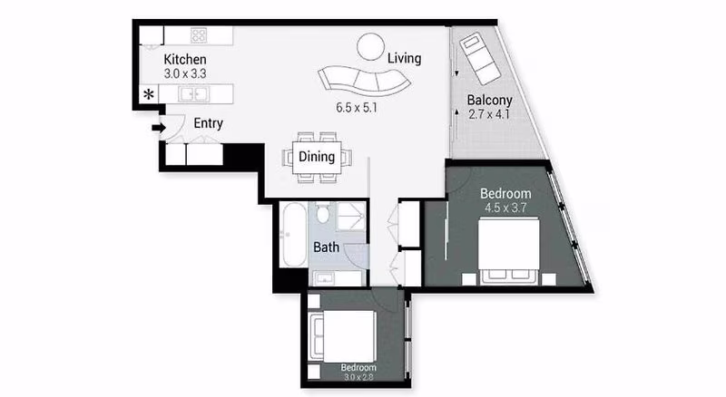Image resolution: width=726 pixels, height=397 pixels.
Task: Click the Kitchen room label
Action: [185, 59]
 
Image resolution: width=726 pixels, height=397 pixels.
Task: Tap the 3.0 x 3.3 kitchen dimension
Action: [185, 73]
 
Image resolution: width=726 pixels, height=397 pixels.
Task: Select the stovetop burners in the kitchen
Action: [199, 35]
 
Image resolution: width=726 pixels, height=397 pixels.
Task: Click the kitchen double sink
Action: [194, 94]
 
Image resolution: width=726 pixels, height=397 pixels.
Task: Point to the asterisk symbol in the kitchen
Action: [149, 94]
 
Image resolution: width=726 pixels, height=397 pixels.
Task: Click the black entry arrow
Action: [158, 128]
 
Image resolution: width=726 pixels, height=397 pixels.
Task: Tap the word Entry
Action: [209, 123]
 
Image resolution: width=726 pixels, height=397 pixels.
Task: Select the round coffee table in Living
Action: [370, 46]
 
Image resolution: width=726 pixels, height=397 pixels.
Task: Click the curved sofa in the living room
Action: [364, 82]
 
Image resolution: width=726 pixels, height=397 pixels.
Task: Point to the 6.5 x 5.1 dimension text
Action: [357, 108]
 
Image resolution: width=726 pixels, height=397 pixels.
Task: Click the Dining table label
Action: [317, 157]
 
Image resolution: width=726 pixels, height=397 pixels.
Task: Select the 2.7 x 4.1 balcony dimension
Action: [489, 114]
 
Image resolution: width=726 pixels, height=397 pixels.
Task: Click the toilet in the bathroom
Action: [323, 212]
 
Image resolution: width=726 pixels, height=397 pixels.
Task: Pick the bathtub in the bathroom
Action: [293, 235]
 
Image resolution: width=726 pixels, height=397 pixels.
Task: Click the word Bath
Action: [326, 247]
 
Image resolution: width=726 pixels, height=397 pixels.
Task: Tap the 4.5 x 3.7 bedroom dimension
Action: [505, 208]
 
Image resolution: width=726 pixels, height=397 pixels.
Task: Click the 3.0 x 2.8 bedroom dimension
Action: [358, 377]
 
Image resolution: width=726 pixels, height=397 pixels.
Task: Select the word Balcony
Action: [489, 101]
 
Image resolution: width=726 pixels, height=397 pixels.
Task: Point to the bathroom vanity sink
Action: [324, 278]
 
